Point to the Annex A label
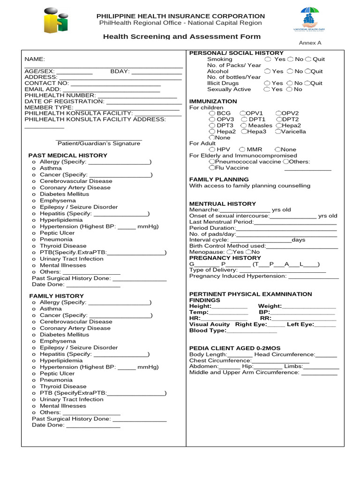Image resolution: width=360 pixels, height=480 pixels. [x=310, y=43]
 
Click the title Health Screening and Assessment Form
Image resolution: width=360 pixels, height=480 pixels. [x=182, y=37]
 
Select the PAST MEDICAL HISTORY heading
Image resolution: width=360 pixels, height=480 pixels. [x=67, y=155]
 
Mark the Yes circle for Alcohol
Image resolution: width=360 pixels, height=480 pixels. [x=267, y=71]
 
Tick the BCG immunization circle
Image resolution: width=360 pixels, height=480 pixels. [x=212, y=113]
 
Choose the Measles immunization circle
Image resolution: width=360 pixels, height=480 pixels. [x=244, y=126]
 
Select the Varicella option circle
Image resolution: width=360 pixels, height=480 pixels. [x=278, y=132]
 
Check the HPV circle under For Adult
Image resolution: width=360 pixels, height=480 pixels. [x=212, y=150]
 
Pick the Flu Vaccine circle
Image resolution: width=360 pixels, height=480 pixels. [x=212, y=167]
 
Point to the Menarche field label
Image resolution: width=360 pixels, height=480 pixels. [x=204, y=210]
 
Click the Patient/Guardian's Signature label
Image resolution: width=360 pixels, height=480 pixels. [x=99, y=143]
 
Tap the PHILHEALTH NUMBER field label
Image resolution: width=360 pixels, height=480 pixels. [x=60, y=95]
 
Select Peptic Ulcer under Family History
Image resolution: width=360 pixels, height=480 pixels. [x=57, y=374]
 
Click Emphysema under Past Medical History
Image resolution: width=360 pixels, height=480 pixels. [x=57, y=201]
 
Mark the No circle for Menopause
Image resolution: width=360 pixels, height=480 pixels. [x=249, y=252]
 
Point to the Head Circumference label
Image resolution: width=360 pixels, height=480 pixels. [x=284, y=354]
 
